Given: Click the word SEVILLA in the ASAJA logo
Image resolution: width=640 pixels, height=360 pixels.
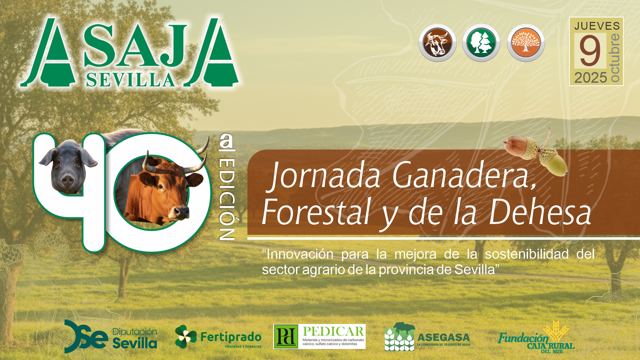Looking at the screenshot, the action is point(130,80).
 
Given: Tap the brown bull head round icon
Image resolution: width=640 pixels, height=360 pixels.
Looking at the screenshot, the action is point(437,43).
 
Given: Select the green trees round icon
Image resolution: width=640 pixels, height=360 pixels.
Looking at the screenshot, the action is point(481,43).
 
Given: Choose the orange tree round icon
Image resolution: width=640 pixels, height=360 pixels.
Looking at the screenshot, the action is point(526,43).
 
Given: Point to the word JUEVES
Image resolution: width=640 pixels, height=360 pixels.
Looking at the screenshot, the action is point(597,26).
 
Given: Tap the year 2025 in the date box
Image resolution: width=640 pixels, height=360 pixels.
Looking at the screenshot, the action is point(591,78).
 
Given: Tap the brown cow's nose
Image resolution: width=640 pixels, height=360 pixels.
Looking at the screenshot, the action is point(181,212).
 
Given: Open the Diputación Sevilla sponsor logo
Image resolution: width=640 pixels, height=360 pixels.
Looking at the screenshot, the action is point(111,337).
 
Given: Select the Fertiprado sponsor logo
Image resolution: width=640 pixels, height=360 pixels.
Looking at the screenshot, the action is point(218,337).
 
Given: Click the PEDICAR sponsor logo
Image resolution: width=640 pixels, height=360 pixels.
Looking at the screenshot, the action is point(319,337).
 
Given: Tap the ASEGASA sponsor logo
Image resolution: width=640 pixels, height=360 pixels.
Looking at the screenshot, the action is point(427,337).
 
